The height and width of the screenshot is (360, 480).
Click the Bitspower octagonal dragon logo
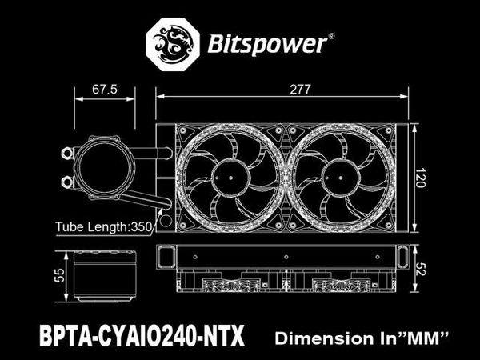point(173,44)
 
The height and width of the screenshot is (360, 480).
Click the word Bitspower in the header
point(266,44)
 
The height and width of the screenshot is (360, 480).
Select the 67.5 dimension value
point(104,90)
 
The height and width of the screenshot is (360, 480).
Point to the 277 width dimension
point(300,90)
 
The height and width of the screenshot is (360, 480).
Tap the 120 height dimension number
point(420,178)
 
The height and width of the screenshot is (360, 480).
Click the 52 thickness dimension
point(421,269)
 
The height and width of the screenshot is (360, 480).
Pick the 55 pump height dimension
point(59,275)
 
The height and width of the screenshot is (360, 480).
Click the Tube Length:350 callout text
point(103,227)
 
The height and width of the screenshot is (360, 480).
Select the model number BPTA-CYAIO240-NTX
point(142,335)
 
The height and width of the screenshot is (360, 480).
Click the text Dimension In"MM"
point(362,338)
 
